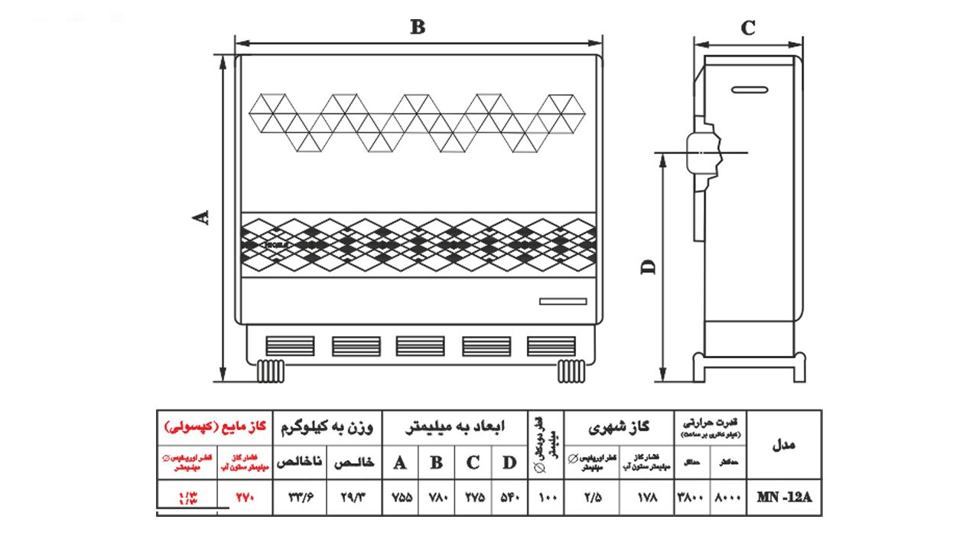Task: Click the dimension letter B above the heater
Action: (x=417, y=28)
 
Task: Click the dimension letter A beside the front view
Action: (x=201, y=217)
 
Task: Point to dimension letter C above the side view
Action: (x=748, y=28)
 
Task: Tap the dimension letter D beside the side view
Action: (x=649, y=266)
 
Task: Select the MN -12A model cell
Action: (x=784, y=497)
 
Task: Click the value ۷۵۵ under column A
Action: (x=402, y=497)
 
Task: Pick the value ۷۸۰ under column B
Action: (x=437, y=497)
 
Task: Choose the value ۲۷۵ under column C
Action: (x=473, y=497)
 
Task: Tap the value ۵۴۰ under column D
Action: (x=509, y=497)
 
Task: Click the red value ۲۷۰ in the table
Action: (x=243, y=497)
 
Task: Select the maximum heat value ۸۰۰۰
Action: (x=727, y=497)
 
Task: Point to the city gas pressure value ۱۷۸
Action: (x=646, y=497)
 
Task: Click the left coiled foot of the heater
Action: (x=271, y=371)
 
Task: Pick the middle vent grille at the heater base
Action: (x=420, y=345)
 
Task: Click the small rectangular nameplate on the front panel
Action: (x=563, y=301)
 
